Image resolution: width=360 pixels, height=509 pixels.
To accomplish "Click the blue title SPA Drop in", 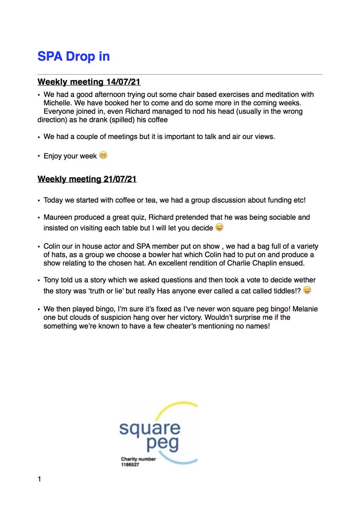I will click(73, 56).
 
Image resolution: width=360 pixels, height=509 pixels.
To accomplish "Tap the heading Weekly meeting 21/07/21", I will click(87, 179).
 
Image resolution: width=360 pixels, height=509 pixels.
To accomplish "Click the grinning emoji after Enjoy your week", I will click(103, 155).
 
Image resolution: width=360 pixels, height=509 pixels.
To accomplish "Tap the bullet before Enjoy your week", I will click(39, 156).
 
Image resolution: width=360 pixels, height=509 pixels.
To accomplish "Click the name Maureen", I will click(58, 217).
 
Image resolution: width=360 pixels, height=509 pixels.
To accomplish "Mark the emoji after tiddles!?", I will click(307, 291).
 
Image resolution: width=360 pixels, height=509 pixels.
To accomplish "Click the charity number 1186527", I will click(130, 464).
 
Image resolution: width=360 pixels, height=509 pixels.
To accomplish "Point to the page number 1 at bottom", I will click(39, 480).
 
